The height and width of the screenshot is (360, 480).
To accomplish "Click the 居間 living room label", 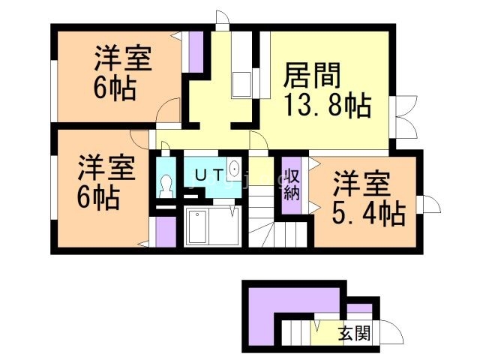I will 313,76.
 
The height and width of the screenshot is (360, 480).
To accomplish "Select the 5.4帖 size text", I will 368,213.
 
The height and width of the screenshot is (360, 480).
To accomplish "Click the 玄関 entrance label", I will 353,334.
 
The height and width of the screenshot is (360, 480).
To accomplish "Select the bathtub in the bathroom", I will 199,226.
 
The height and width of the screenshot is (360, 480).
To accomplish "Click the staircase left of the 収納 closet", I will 263,217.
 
